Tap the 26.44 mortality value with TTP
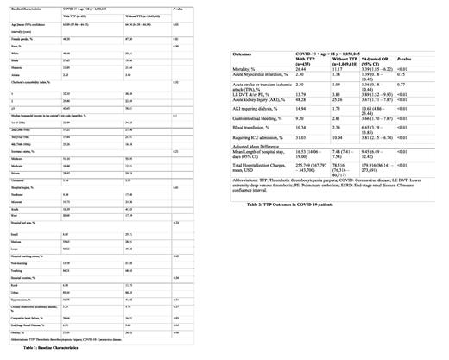301,66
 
